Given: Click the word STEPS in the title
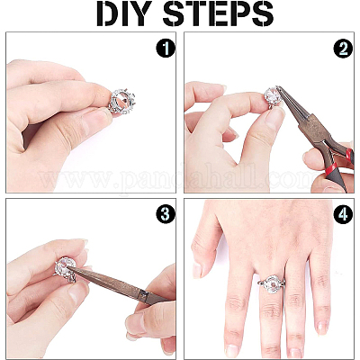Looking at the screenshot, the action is pyautogui.click(x=218, y=13).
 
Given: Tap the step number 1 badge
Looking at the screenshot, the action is pyautogui.click(x=166, y=49).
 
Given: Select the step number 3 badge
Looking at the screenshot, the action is pyautogui.click(x=166, y=214).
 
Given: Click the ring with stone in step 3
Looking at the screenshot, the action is pyautogui.click(x=66, y=268).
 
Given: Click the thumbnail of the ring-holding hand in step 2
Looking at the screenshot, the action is pyautogui.click(x=275, y=118).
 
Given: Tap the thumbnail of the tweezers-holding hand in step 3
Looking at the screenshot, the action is pyautogui.click(x=135, y=322).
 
